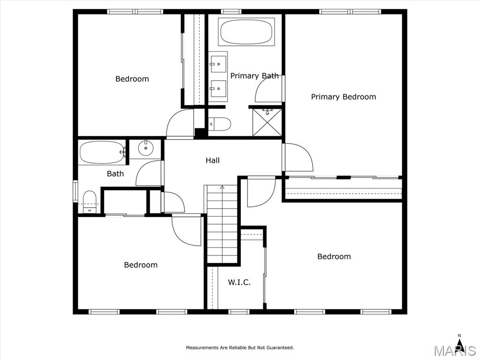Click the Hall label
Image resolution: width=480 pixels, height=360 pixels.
[x=212, y=160]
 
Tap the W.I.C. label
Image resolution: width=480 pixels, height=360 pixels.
[x=239, y=282]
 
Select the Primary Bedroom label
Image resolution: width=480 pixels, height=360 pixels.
[x=344, y=97]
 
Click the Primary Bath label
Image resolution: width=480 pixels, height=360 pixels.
[x=255, y=75]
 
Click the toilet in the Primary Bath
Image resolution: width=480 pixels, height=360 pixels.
[x=220, y=124]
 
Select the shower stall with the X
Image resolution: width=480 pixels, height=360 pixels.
[x=267, y=122]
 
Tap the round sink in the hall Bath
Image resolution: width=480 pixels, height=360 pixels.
[x=146, y=149]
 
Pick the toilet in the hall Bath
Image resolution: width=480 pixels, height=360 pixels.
[x=90, y=202]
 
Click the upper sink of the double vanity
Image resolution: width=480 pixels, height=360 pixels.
[x=218, y=64]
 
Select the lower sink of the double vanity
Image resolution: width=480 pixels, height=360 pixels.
[x=218, y=88]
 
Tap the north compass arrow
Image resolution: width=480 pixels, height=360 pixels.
[x=459, y=340]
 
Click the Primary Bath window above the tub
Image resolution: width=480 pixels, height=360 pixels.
[x=231, y=12]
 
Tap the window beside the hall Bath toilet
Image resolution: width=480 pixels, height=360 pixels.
[x=75, y=191]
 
